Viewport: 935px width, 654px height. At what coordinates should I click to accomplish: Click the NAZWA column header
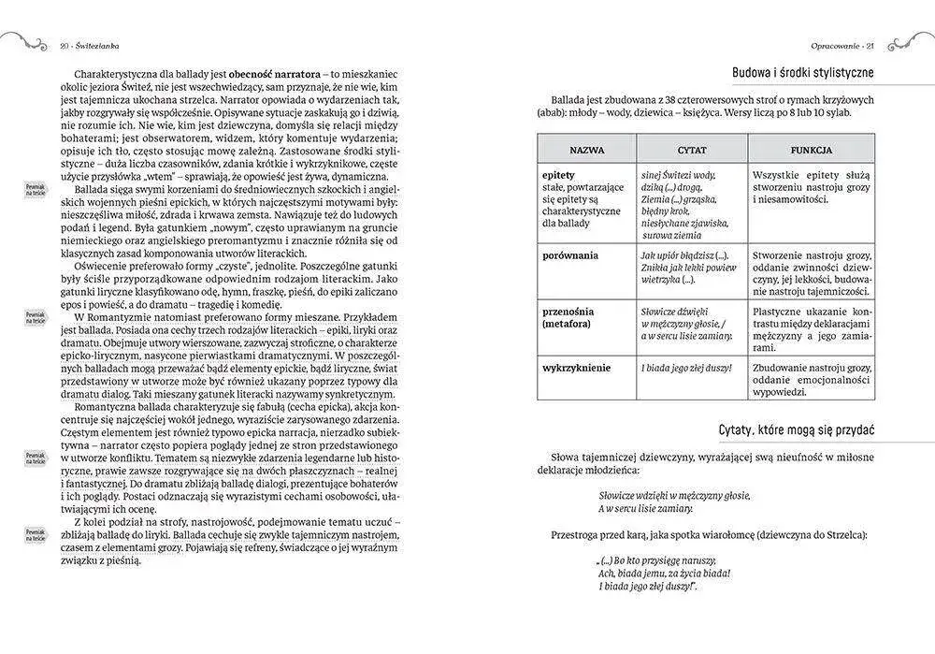[585, 149]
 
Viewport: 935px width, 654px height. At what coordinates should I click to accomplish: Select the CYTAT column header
[691, 149]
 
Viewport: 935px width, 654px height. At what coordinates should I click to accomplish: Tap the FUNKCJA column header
[811, 149]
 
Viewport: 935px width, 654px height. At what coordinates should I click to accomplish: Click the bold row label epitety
[558, 175]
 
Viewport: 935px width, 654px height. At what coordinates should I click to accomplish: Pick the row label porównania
[569, 255]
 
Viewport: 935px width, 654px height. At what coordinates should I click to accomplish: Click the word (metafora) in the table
[571, 324]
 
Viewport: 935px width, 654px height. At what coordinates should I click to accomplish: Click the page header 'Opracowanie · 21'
[841, 45]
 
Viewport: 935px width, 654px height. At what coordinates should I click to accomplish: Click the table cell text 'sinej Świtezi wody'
[679, 175]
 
